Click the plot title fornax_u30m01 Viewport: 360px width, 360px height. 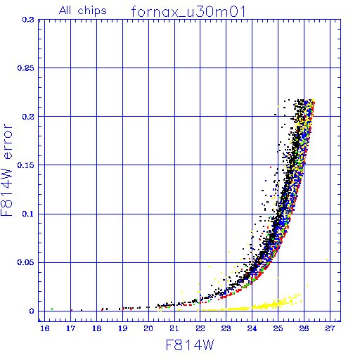tap(188, 11)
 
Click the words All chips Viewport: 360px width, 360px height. tap(83, 11)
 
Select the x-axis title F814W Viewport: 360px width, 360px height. tap(190, 345)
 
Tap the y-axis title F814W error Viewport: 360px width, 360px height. tap(6, 169)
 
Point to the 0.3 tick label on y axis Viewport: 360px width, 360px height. tap(28, 20)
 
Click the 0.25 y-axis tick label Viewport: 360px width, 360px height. tap(26, 68)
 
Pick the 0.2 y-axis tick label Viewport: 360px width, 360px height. tap(28, 117)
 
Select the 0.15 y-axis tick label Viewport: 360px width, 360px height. tap(26, 165)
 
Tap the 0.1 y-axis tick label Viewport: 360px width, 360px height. tap(28, 214)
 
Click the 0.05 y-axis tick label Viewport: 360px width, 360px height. tap(26, 262)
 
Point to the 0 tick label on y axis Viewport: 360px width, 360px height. tap(32, 311)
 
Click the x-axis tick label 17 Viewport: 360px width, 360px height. tap(70, 328)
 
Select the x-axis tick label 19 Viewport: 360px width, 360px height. tap(122, 328)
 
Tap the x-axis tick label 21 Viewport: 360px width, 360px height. tap(174, 328)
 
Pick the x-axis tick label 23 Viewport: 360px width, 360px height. tap(226, 328)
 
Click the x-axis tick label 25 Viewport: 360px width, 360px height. tap(278, 328)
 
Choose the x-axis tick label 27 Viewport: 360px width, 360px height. tap(330, 328)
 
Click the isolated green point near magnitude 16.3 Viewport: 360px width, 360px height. tap(52, 309)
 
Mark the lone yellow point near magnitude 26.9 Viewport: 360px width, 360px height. tap(327, 259)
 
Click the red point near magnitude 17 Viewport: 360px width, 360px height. tap(72, 310)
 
